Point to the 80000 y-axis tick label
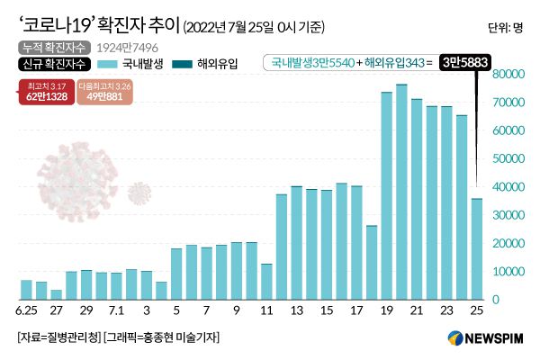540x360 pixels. point(509,75)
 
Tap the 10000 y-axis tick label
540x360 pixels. point(509,271)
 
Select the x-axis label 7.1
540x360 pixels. point(116,311)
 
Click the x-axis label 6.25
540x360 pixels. point(26,311)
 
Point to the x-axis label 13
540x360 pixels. point(296,311)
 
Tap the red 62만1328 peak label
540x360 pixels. point(48,91)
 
